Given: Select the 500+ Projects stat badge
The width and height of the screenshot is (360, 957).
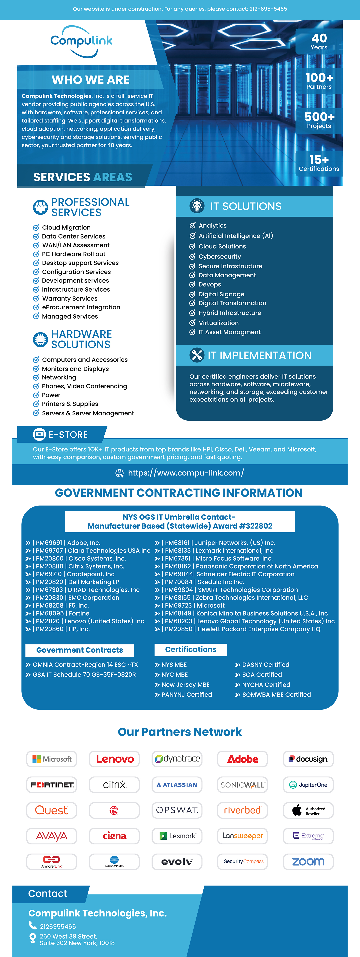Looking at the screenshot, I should (x=319, y=120).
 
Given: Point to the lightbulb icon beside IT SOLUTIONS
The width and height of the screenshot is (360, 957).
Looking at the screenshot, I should (x=197, y=206).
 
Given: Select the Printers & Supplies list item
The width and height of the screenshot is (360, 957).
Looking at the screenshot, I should (x=70, y=404).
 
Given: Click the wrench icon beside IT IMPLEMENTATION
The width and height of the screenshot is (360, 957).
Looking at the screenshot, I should (x=197, y=355).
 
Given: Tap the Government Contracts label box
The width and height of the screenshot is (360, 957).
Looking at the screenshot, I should (x=79, y=650).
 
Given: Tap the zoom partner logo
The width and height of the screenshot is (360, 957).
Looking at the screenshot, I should (x=308, y=862).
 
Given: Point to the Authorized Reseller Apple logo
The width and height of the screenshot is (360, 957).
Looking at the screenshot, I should (x=308, y=810).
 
